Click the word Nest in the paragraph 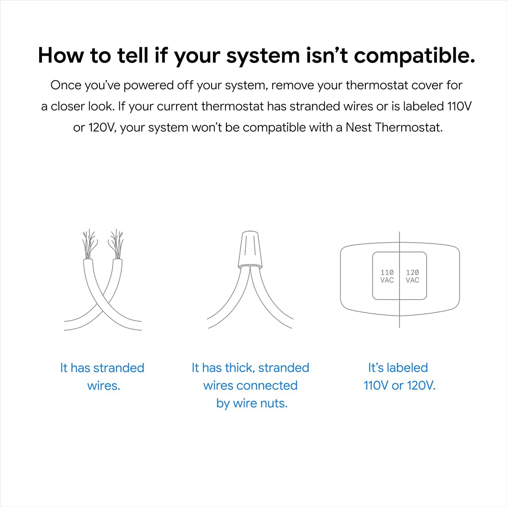(x=358, y=127)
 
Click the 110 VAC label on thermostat (x=387, y=276)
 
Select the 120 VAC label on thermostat (x=412, y=276)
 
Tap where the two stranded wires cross (x=103, y=304)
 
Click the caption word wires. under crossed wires (x=104, y=386)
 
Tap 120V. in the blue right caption (x=421, y=386)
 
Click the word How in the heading (x=61, y=55)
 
